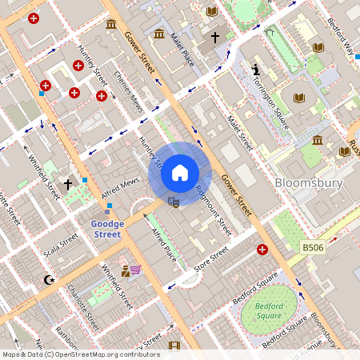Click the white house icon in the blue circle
tap(180, 172)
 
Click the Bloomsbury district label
tap(308, 183)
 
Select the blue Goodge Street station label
tap(107, 230)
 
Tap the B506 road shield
tap(314, 249)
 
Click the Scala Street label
tap(61, 242)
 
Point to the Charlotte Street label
tap(82, 308)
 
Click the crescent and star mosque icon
tap(50, 280)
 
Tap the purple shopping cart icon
tap(136, 270)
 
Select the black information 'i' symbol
tap(255, 70)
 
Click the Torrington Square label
tap(268, 98)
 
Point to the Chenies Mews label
tap(128, 91)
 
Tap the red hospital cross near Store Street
tap(262, 250)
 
